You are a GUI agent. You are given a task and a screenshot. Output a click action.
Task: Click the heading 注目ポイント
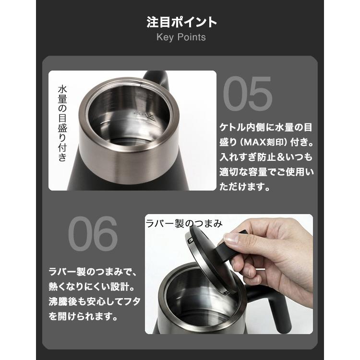pyautogui.click(x=181, y=22)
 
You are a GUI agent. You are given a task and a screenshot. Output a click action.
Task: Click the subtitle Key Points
pyautogui.click(x=181, y=37)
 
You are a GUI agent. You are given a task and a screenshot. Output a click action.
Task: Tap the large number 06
pyautogui.click(x=93, y=234)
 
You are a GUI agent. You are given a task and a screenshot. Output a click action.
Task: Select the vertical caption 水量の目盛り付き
pyautogui.click(x=62, y=123)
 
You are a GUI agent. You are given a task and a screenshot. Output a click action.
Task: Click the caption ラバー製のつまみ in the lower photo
pyautogui.click(x=184, y=223)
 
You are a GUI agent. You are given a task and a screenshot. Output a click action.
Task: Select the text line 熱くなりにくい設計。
pyautogui.click(x=92, y=287)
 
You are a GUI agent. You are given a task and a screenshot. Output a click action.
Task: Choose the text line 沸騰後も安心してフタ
pyautogui.click(x=92, y=302)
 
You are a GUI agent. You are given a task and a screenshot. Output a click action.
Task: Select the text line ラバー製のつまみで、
pyautogui.click(x=92, y=272)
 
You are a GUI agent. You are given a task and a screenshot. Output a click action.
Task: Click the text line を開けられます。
pyautogui.click(x=82, y=317)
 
